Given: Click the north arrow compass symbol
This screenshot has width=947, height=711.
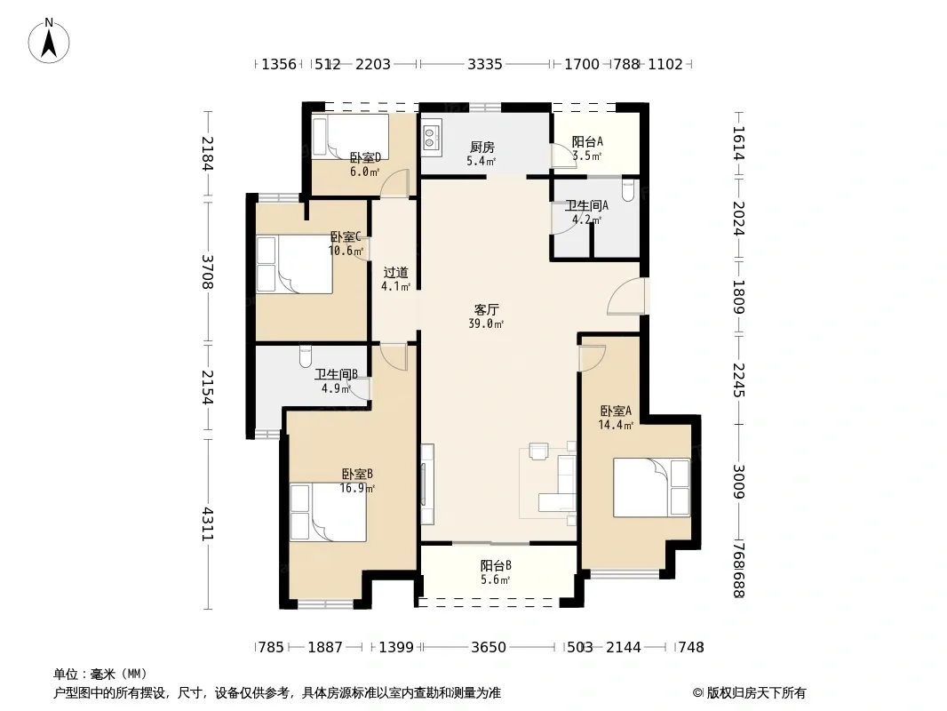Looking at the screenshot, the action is [49, 41].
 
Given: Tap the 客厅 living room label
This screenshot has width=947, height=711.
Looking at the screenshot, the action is [486, 310].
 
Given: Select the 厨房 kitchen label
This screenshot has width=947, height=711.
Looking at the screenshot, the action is [482, 147].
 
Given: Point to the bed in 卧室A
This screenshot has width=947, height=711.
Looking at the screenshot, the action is [652, 488].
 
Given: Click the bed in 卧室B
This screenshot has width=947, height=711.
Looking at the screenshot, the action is [328, 512].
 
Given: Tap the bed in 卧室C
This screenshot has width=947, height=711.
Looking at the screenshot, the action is [294, 264].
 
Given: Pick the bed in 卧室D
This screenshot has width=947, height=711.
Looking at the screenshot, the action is [350, 137].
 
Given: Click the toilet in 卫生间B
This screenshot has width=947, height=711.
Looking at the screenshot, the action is [306, 356].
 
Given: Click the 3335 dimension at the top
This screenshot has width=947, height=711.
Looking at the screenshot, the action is [485, 64].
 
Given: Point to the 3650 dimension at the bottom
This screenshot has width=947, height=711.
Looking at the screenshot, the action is [488, 648].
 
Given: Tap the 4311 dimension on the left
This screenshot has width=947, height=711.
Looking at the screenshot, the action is [208, 523].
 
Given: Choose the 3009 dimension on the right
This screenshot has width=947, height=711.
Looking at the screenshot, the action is [738, 482].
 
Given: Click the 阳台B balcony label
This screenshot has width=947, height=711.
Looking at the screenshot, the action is [496, 566].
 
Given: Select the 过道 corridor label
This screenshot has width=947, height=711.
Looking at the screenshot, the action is [395, 273].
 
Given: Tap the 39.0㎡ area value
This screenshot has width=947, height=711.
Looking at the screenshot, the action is [486, 324].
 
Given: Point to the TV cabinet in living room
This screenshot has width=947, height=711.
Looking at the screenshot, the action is [427, 483].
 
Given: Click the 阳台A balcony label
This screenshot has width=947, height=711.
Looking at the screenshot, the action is [587, 142].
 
